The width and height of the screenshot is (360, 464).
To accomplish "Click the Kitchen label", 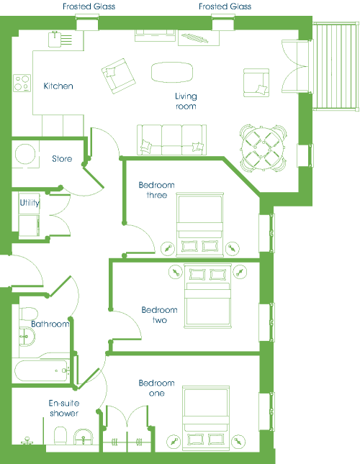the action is pos(58,86).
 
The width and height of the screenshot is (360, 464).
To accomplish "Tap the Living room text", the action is pos(186,101).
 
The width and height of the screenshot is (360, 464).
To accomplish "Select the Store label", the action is pos(62,158).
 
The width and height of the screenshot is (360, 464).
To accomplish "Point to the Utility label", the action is pos(30,203).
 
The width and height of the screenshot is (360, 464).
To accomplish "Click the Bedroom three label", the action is pos(157,190).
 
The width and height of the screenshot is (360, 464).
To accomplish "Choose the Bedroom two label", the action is pos(159,315).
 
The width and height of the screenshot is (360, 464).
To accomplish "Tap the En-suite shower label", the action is pos(64,408).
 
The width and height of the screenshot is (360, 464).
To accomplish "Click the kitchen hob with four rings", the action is pos(22,83).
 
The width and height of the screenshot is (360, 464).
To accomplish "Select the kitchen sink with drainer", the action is pos(60,39).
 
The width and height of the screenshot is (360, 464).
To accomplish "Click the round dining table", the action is pos(263,148).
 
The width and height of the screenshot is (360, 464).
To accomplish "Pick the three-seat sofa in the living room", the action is pos(171,140).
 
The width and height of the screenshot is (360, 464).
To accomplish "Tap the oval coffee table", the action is pos(172,72).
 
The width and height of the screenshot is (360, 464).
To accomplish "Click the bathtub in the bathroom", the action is pos(42,370).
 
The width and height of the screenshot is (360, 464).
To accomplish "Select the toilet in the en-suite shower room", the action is pos(60,436).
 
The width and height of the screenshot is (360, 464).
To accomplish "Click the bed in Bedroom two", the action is pos(207,296).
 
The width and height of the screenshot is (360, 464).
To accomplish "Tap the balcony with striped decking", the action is pos(336,66).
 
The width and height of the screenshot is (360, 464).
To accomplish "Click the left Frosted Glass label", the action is pos(89,6).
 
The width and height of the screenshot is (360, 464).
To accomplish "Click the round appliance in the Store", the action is pos(25,154).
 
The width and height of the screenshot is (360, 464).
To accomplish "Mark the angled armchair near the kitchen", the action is pos(118,76).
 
